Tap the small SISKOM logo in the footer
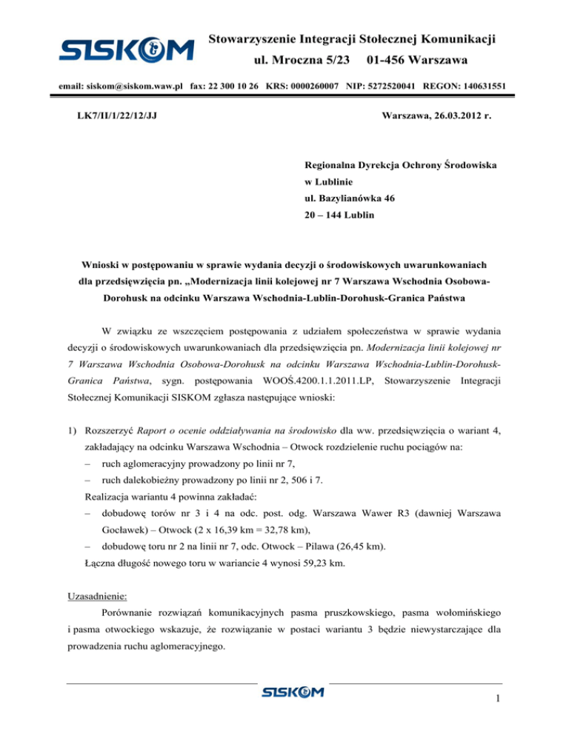(x=293, y=693)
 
